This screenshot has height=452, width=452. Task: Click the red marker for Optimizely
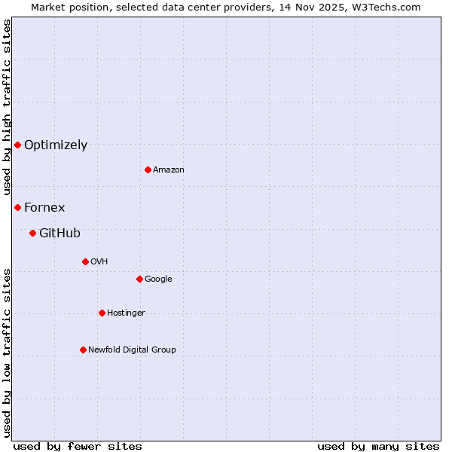tap(17, 145)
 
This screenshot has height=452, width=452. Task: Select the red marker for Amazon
tap(148, 169)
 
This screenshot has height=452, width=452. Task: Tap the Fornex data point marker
tap(17, 207)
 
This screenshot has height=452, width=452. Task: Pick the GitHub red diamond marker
tap(32, 233)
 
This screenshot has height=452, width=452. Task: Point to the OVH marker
tap(85, 261)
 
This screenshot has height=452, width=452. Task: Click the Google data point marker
tap(139, 279)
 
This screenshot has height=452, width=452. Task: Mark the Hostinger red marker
tap(102, 313)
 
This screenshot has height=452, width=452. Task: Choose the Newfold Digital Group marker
tap(83, 350)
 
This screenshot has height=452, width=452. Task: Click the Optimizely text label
tap(56, 145)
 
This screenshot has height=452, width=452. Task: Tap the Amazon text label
tap(169, 170)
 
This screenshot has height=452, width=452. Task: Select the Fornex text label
tap(44, 207)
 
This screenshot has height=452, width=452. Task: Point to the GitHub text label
tap(60, 234)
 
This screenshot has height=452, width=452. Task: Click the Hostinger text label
tap(126, 313)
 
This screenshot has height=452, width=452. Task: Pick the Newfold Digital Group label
tap(132, 350)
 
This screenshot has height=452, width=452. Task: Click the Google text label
tap(158, 279)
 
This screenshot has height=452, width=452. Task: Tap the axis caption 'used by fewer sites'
tap(78, 446)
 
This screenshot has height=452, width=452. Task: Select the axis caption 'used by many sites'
tap(378, 446)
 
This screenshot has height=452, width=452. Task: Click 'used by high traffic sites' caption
tap(7, 107)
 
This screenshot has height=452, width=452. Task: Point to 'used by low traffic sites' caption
tap(7, 353)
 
